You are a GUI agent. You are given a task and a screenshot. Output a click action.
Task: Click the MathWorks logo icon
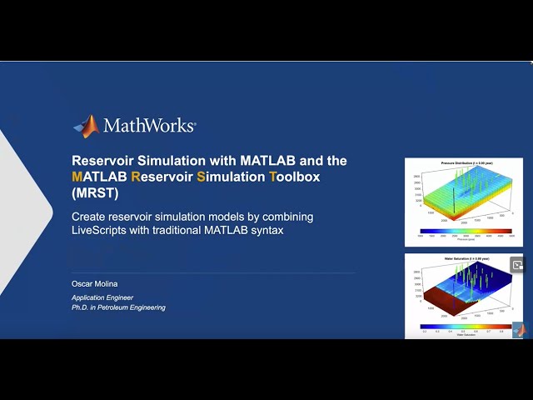pos(86,126)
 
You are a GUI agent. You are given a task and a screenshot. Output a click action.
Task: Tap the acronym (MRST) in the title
pos(95,193)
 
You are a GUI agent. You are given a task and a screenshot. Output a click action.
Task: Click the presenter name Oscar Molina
pos(95,284)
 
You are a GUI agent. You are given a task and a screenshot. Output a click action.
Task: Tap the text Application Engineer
pos(102,297)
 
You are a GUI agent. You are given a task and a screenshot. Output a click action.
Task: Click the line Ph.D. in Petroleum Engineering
pos(118,307)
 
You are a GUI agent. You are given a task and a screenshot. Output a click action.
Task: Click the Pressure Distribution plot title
pos(463,163)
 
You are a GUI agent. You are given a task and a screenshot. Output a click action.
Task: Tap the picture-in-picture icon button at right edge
pos(517,265)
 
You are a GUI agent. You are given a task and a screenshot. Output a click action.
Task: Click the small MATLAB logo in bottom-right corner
pos(519,329)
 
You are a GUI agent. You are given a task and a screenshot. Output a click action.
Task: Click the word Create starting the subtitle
pos(91,217)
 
